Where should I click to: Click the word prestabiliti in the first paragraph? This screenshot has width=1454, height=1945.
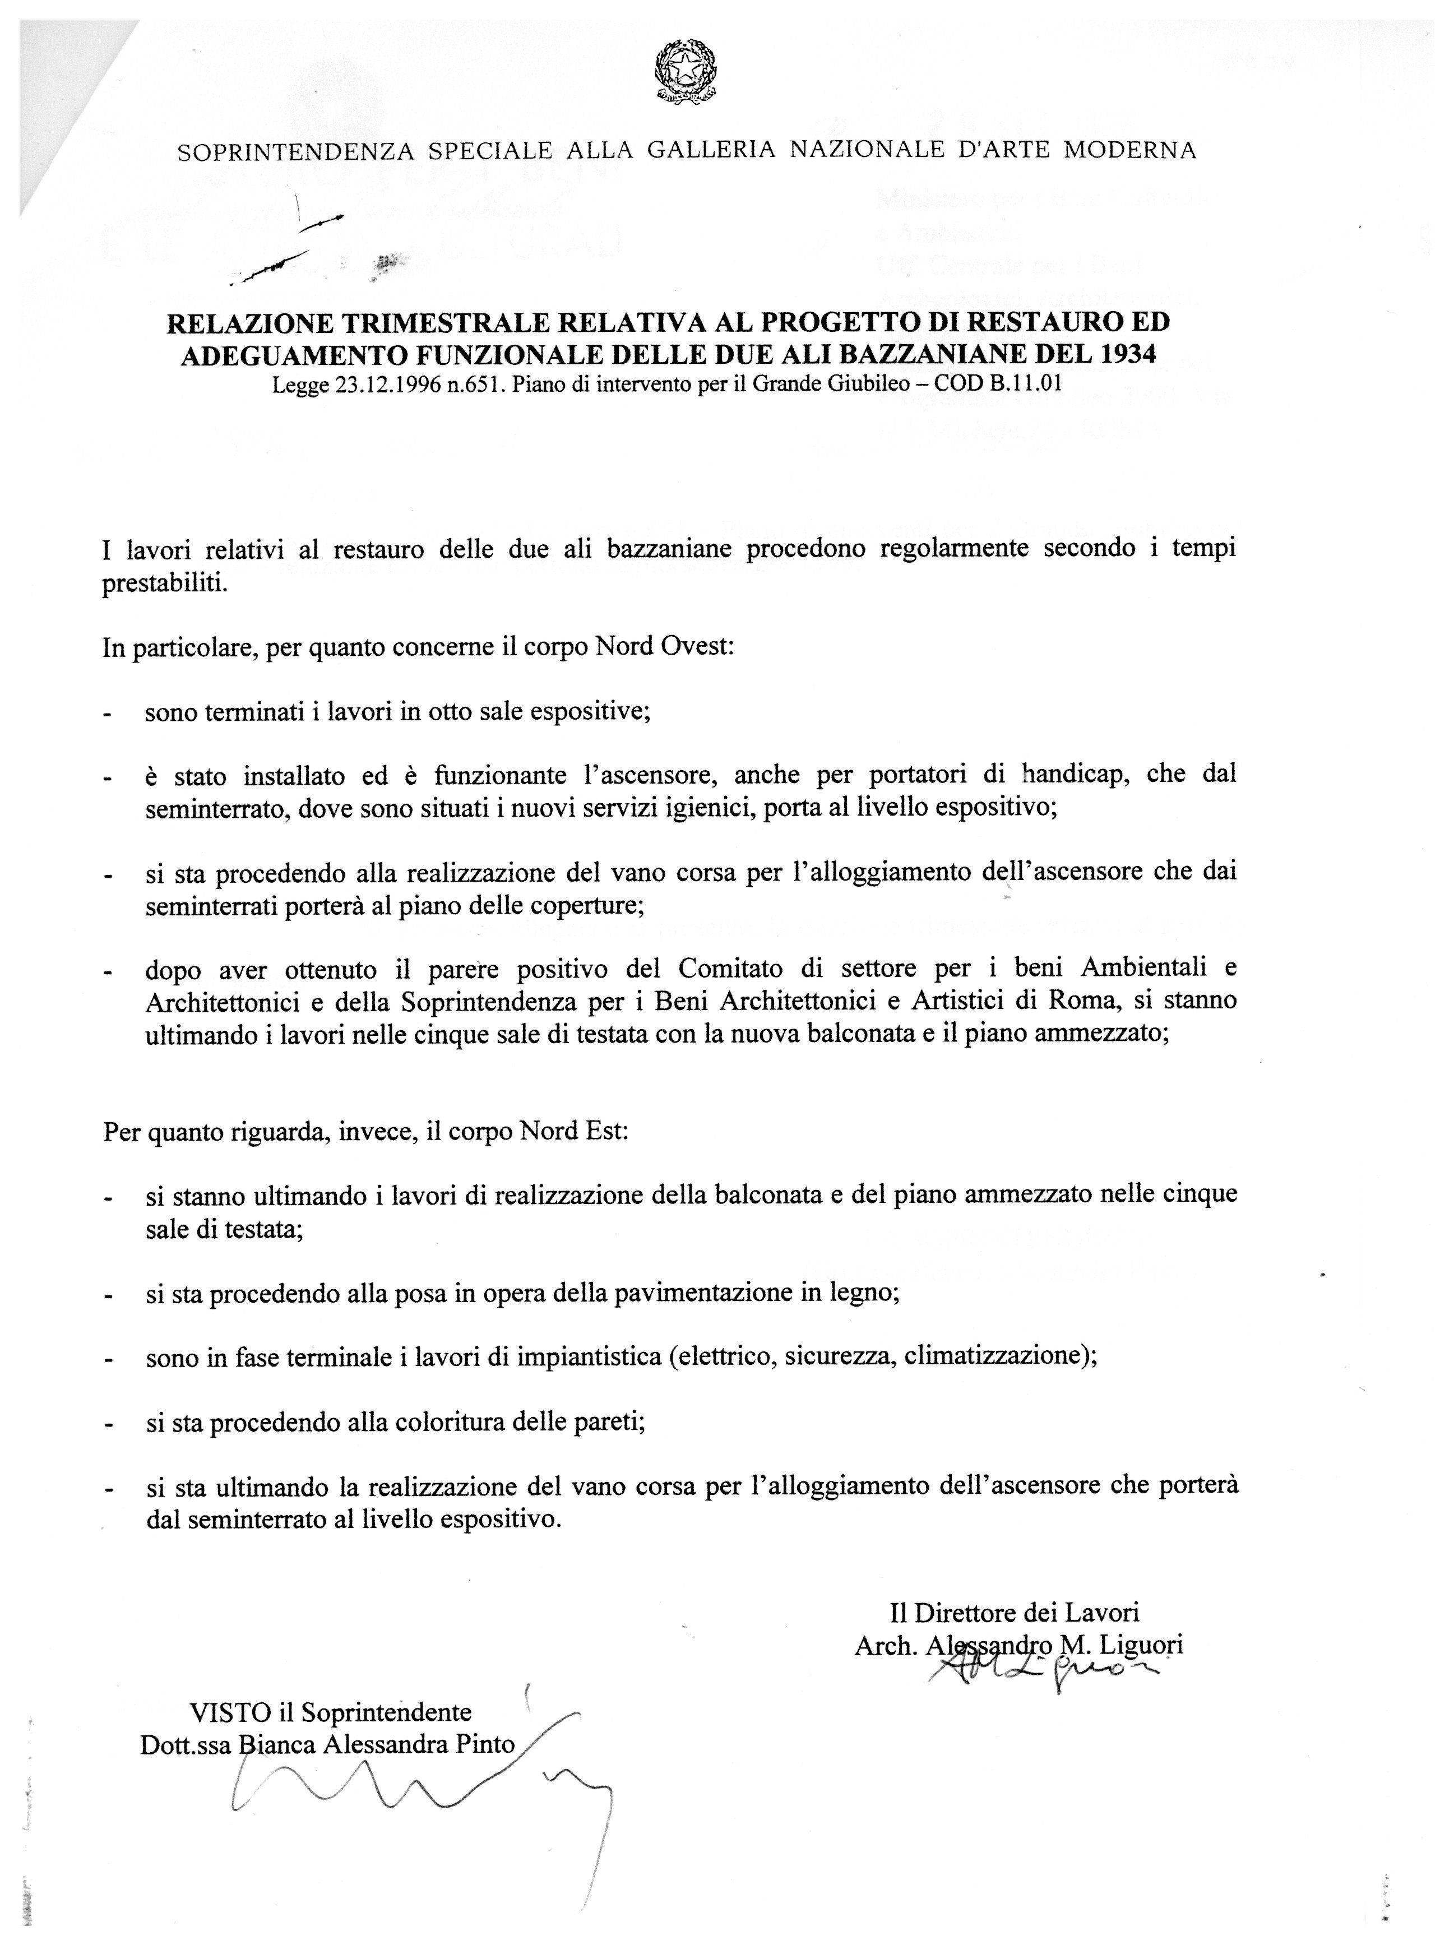[x=165, y=585]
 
